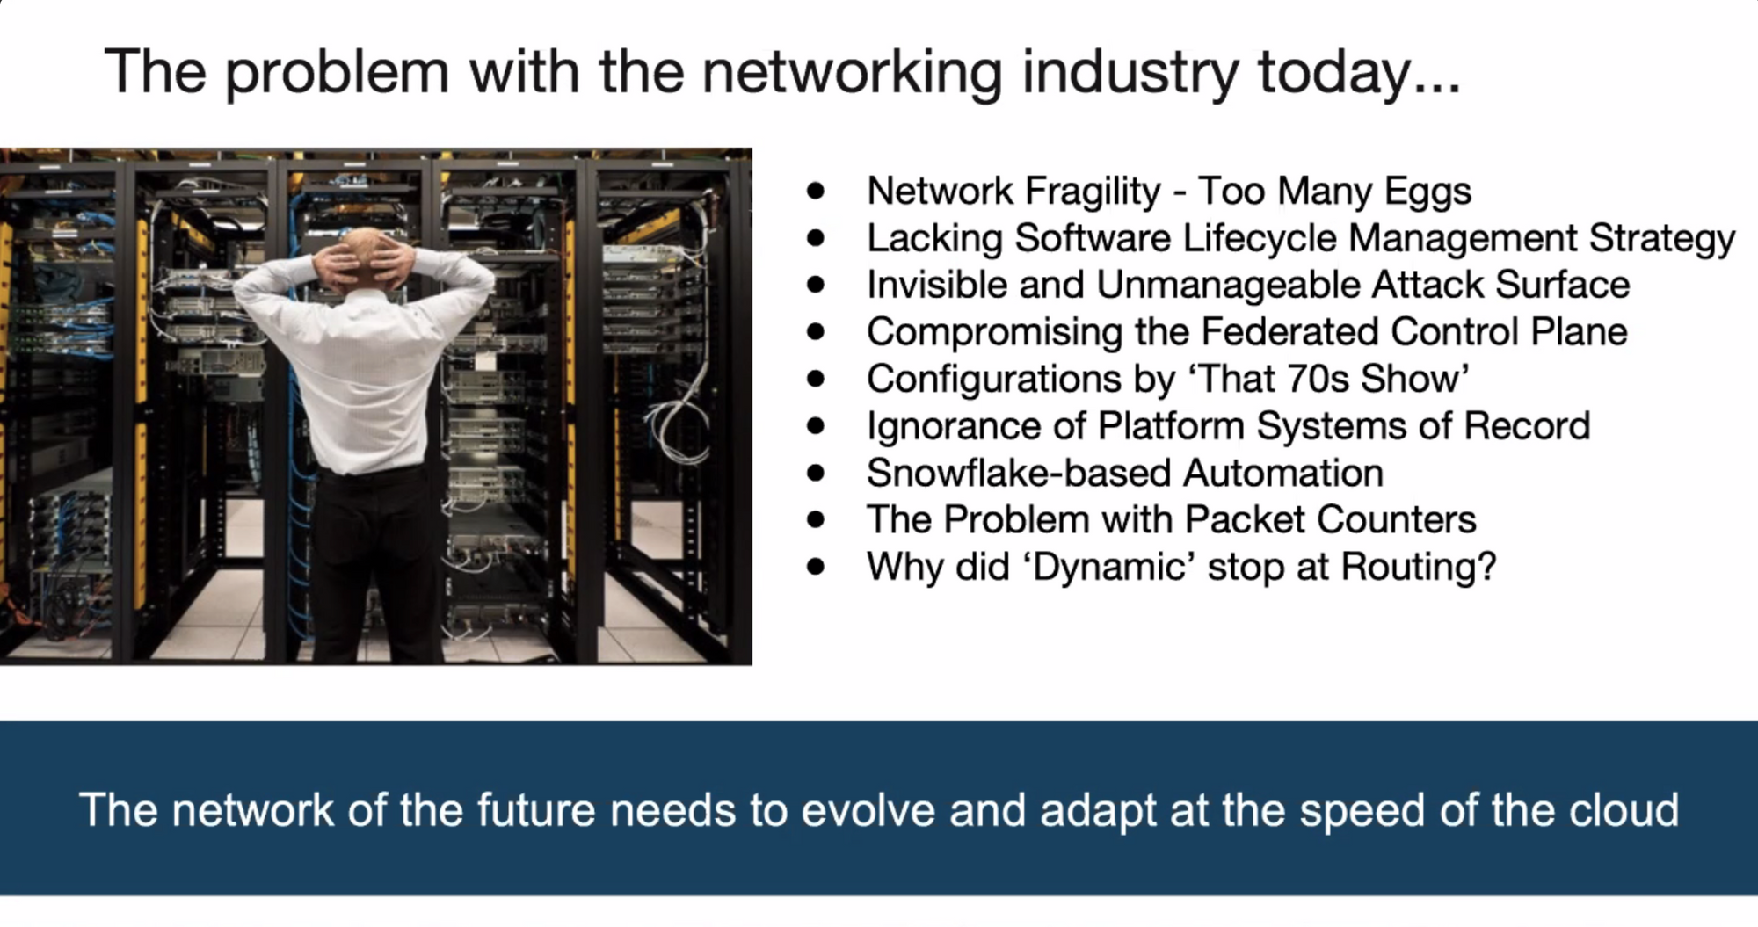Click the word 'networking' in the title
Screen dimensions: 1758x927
[852, 74]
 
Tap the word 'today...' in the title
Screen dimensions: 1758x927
[1359, 74]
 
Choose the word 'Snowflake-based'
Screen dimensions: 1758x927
[1019, 474]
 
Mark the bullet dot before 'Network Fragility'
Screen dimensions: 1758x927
[817, 192]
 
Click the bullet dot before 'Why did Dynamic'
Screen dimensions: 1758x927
[817, 568]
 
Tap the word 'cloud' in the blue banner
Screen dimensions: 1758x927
[1624, 810]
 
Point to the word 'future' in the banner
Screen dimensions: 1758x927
[537, 810]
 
